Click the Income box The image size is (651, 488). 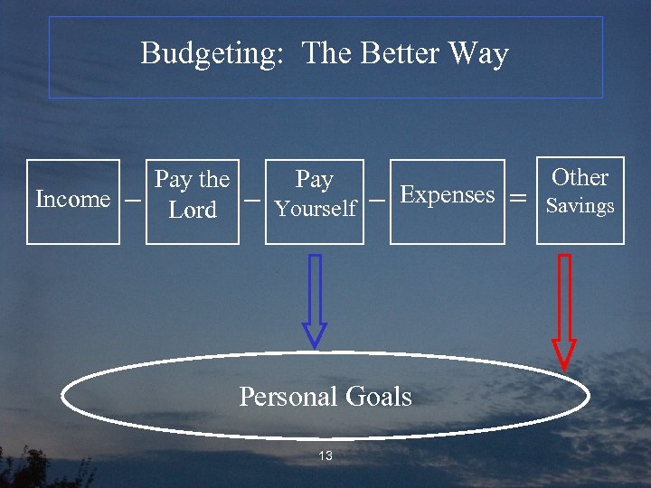[72, 201]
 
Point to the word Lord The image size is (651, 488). [193, 211]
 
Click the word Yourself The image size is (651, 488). [315, 210]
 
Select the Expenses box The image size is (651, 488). [447, 202]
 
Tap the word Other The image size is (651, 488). [580, 177]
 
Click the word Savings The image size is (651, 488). [580, 206]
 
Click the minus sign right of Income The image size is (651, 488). [133, 199]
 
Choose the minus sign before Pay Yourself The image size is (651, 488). [252, 198]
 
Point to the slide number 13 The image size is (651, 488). [325, 455]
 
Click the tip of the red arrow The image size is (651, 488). [564, 368]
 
